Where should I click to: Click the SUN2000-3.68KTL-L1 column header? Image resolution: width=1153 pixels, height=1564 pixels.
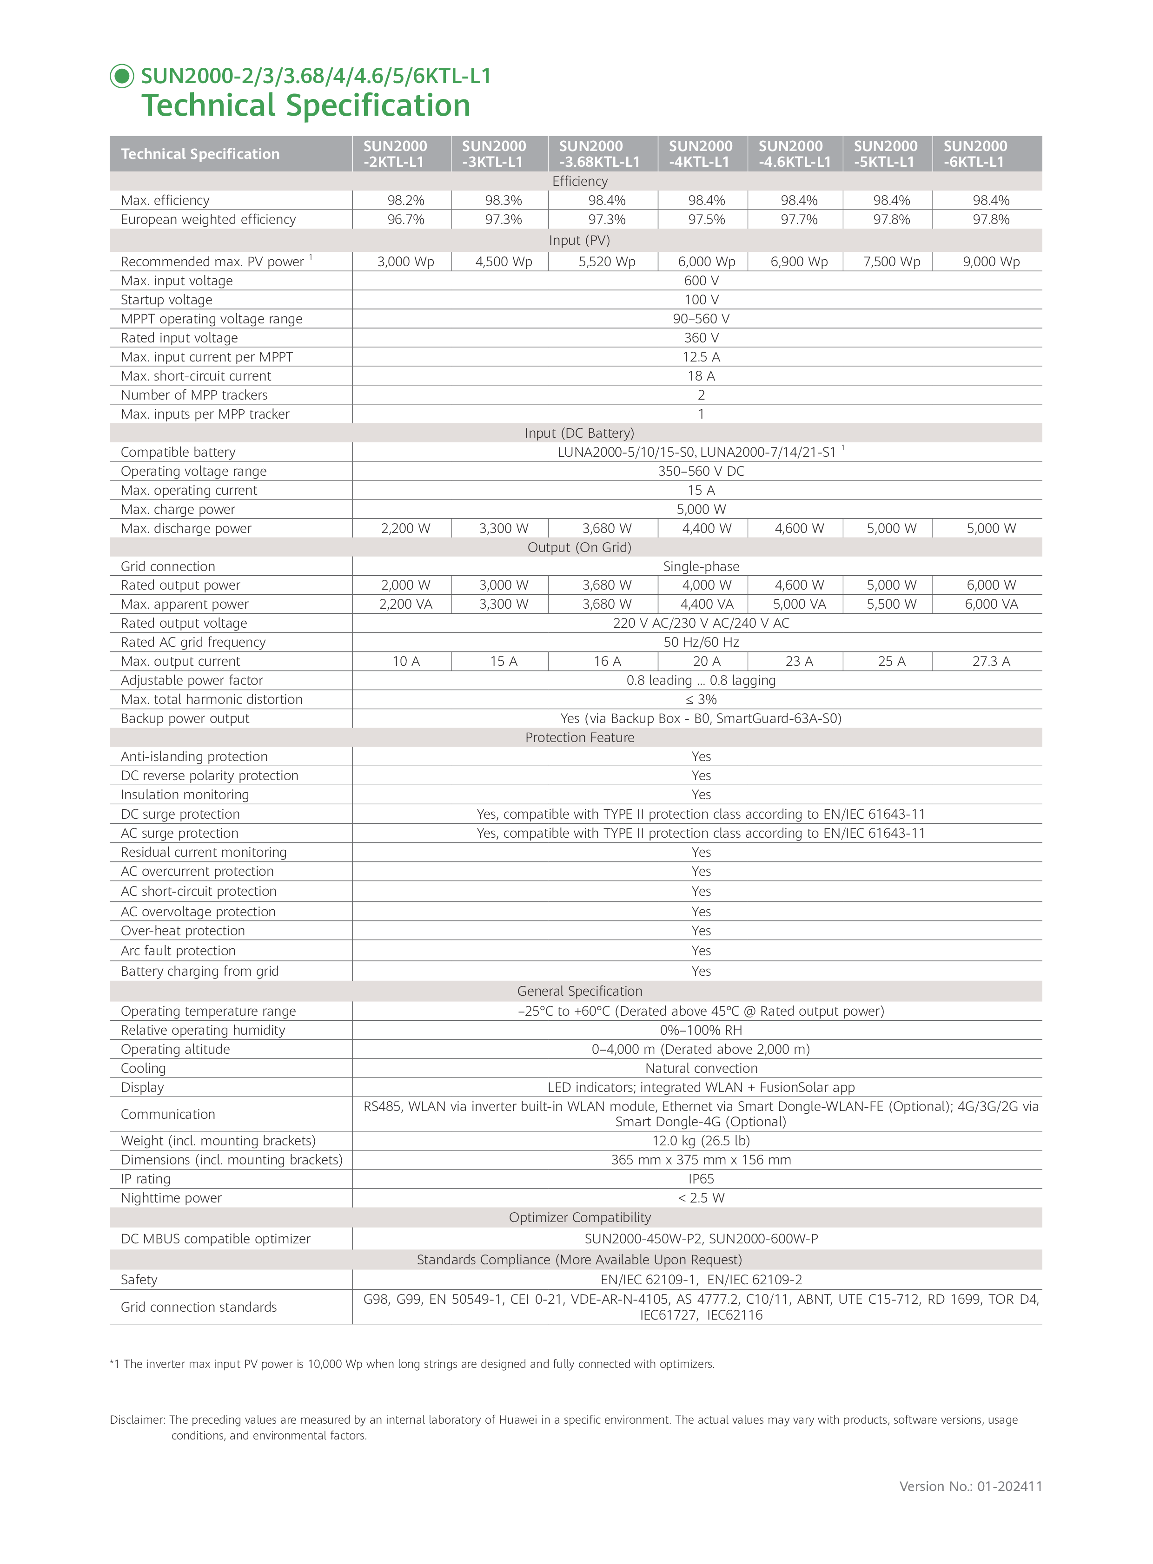coord(599,153)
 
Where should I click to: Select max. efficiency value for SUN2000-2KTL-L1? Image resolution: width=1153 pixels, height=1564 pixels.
coord(405,200)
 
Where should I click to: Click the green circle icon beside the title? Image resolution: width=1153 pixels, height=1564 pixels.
coord(122,76)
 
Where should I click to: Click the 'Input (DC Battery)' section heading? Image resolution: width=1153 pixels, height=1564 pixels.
coord(579,433)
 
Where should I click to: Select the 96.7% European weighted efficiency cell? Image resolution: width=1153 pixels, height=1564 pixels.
coord(405,219)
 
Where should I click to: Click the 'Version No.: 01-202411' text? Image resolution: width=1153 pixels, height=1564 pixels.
coord(970,1486)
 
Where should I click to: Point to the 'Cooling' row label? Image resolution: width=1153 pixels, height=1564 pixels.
coord(143,1068)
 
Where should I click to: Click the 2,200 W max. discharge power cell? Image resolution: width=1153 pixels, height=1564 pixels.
coord(405,528)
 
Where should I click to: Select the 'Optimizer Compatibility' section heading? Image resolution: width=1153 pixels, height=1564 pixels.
coord(579,1217)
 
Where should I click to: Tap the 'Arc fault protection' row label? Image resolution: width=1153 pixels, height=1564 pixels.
coord(178,951)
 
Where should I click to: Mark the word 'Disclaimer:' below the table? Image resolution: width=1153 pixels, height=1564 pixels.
coord(138,1419)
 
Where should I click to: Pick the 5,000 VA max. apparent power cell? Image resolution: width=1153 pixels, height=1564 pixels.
coord(799,604)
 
